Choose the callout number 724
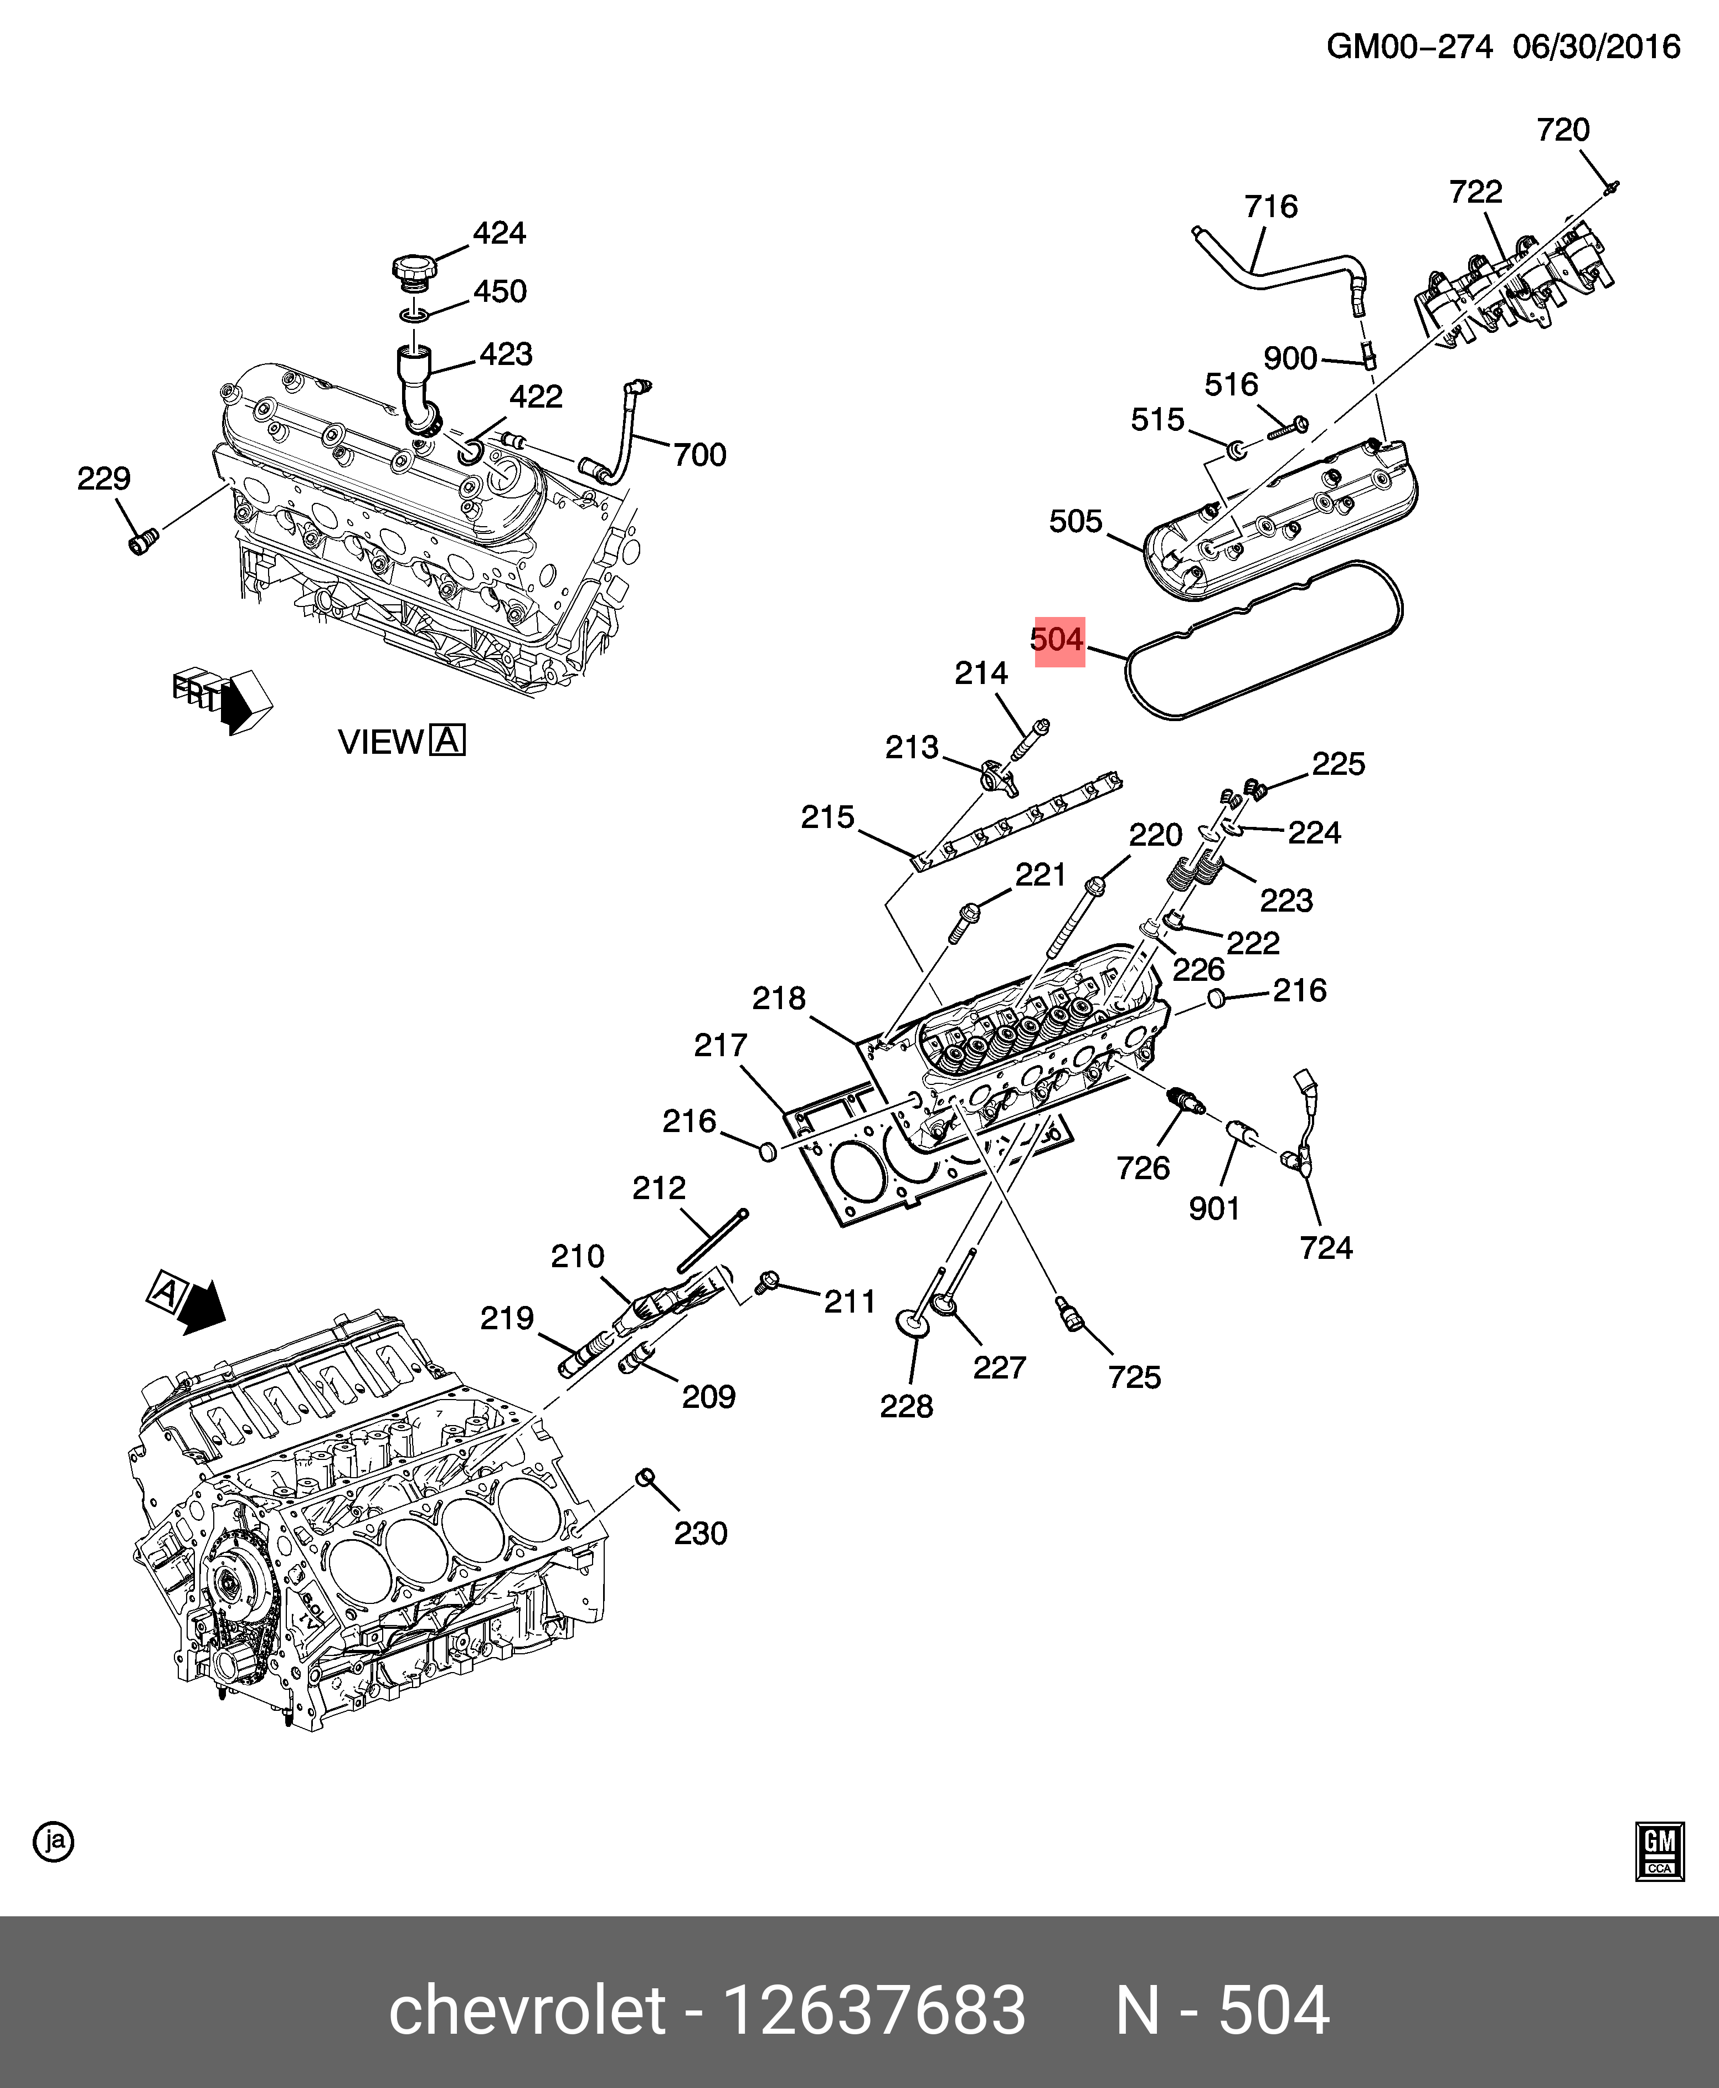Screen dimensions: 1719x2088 tap(1326, 1247)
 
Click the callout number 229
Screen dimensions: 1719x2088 tap(104, 479)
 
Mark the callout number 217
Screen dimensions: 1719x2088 tap(720, 1046)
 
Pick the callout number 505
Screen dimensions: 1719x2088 tap(1075, 522)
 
